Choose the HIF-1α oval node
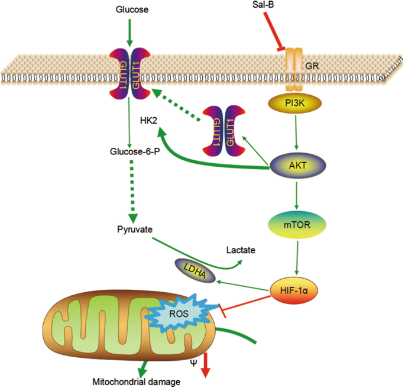pyautogui.click(x=294, y=290)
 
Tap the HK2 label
pyautogui.click(x=148, y=120)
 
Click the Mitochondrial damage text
pyautogui.click(x=128, y=381)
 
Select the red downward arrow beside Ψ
pyautogui.click(x=205, y=364)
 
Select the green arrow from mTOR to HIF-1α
pyautogui.click(x=294, y=259)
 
